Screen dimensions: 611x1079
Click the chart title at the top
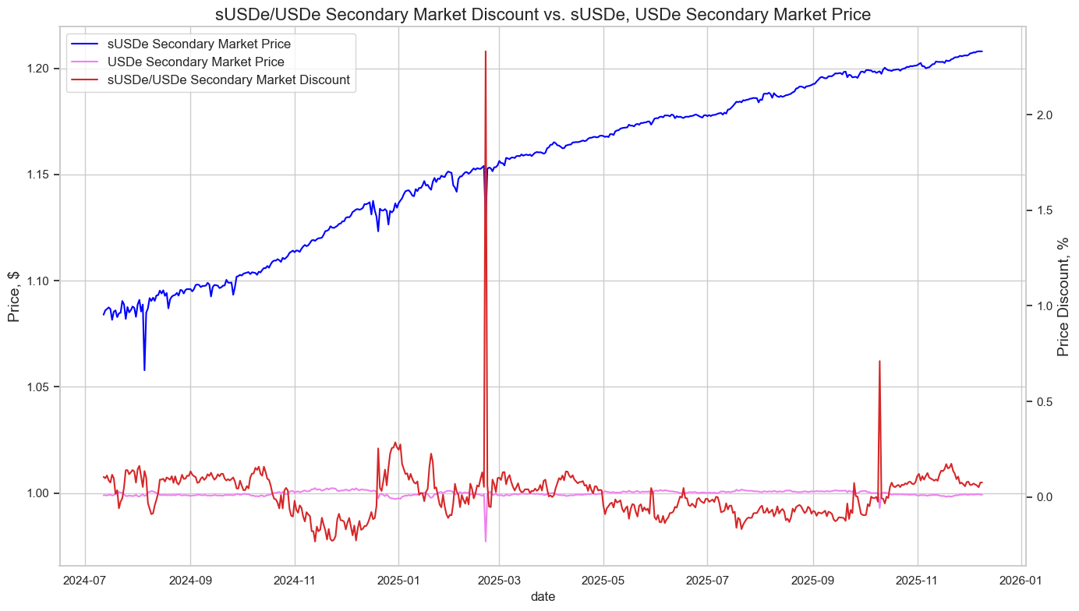point(543,13)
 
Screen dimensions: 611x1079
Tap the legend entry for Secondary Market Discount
point(228,79)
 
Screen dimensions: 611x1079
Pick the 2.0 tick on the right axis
point(1042,115)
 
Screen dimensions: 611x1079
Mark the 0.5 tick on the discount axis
point(1042,401)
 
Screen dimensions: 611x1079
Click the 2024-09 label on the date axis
point(190,580)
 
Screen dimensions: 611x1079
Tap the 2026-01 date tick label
point(1021,580)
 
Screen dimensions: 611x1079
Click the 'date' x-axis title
point(543,596)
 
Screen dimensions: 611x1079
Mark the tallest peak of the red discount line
point(486,51)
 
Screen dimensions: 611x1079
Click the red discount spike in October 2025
point(879,361)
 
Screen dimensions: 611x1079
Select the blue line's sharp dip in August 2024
point(144,369)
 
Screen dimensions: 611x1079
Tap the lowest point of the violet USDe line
point(485,541)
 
